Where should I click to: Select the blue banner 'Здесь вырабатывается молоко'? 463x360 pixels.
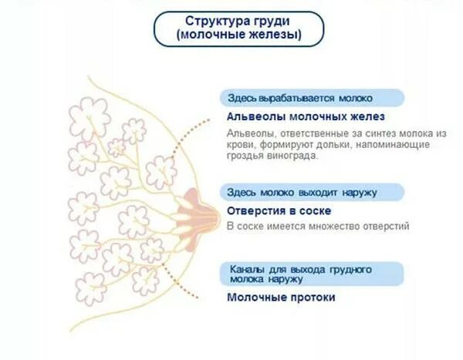pos(300,99)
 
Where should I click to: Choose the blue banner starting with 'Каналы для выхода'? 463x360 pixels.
pos(301,274)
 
